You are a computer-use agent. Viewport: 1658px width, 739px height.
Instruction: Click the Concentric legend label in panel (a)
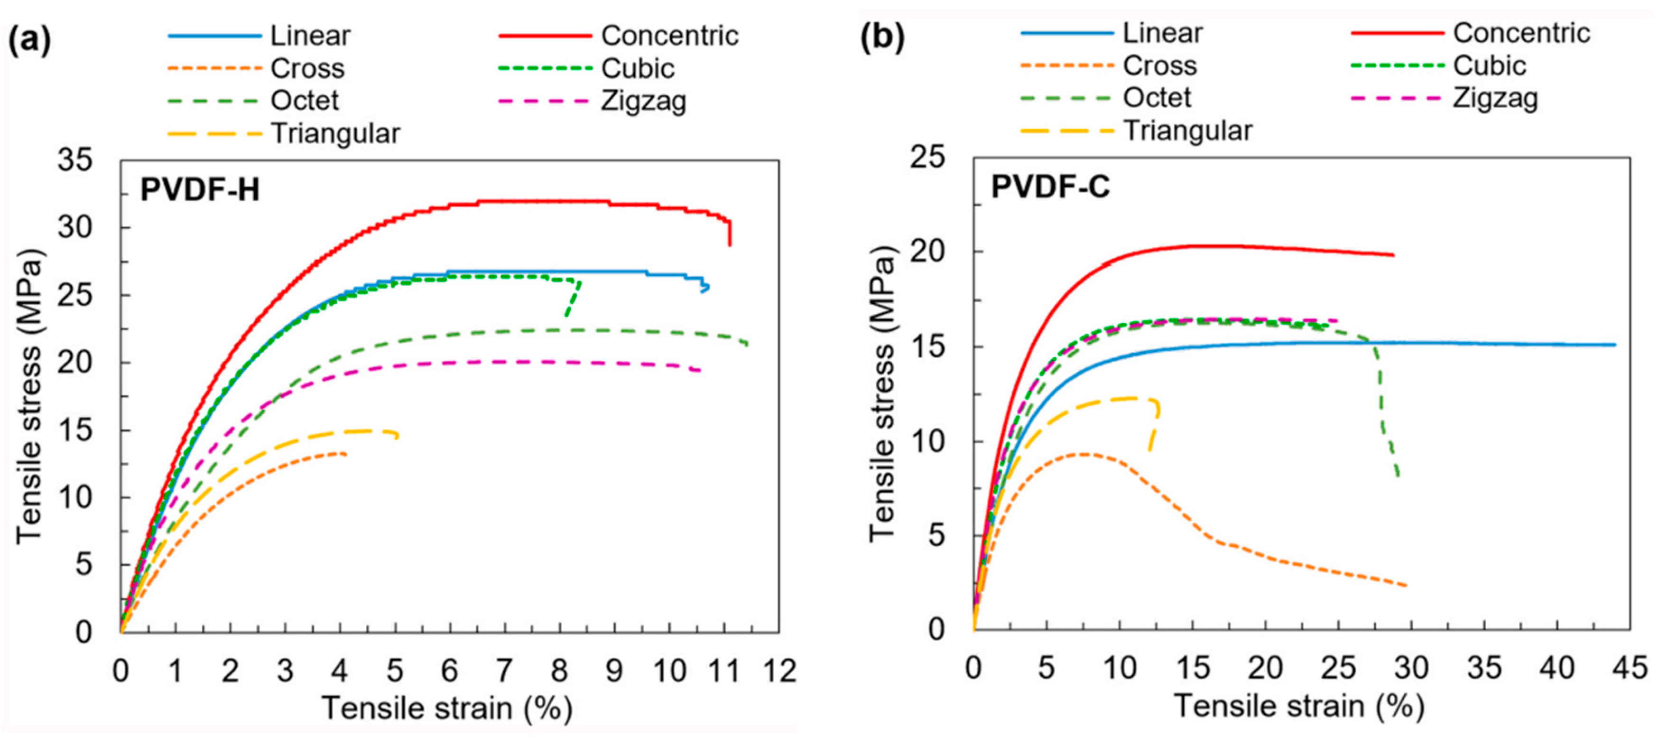click(x=669, y=36)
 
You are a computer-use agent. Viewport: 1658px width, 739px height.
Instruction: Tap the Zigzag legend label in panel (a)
click(x=644, y=101)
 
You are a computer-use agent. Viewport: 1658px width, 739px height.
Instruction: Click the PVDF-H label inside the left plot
click(x=200, y=190)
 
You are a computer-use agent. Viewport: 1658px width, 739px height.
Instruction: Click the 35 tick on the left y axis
click(x=75, y=160)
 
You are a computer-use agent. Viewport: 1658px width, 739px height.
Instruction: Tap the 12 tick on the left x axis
click(x=779, y=671)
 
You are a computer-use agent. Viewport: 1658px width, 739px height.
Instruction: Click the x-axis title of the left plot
click(x=447, y=708)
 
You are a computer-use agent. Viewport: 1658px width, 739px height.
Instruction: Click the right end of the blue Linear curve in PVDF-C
click(x=1615, y=345)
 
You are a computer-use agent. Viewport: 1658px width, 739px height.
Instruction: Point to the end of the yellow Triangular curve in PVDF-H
click(x=397, y=437)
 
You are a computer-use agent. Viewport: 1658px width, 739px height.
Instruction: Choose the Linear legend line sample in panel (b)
click(x=1066, y=33)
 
